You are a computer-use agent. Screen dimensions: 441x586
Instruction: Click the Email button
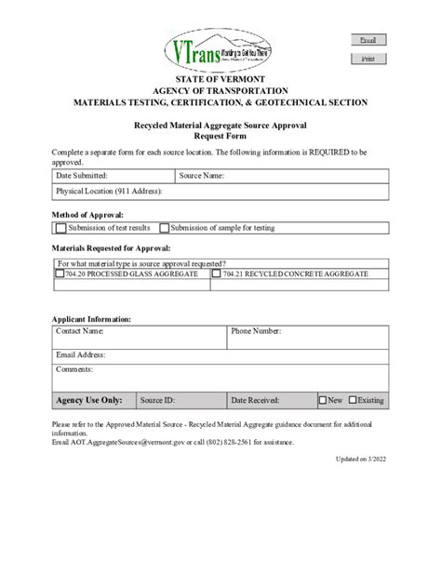click(x=367, y=40)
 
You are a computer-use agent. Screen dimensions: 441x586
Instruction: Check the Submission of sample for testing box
click(x=165, y=227)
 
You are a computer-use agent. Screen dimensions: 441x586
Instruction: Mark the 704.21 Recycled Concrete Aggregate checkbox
click(x=217, y=274)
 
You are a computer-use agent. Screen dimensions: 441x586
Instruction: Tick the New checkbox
click(x=323, y=400)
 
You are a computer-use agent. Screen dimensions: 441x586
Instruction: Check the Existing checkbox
click(x=354, y=400)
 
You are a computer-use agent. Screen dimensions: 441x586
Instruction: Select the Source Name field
click(x=307, y=175)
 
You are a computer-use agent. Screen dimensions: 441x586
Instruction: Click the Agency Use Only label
click(x=89, y=400)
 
